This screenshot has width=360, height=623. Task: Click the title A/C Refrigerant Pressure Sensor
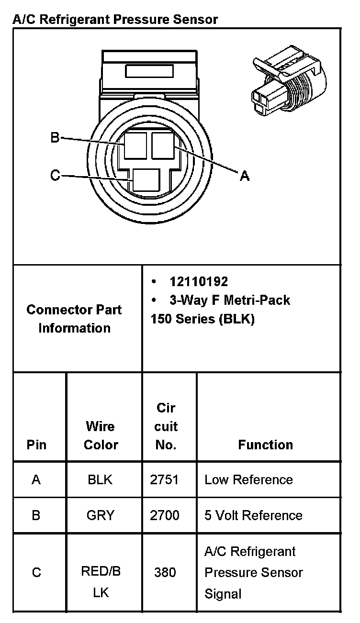115,19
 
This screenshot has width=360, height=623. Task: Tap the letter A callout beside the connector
244,176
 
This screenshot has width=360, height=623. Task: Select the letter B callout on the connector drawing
55,138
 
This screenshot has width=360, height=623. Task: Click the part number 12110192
199,281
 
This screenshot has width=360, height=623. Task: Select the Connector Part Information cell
74,319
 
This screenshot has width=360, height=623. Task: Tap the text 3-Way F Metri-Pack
230,300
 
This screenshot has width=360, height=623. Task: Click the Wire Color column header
101,435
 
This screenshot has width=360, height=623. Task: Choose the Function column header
265,445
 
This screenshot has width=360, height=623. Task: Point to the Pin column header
36,445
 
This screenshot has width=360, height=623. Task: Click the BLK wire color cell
100,479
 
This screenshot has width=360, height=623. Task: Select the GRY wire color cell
100,515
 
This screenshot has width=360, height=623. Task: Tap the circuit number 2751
165,479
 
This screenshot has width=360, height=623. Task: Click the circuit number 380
165,572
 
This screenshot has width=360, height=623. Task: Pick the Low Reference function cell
248,479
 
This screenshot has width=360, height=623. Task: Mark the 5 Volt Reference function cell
253,515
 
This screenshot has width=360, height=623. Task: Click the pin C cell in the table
36,572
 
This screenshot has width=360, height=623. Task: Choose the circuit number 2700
165,515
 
